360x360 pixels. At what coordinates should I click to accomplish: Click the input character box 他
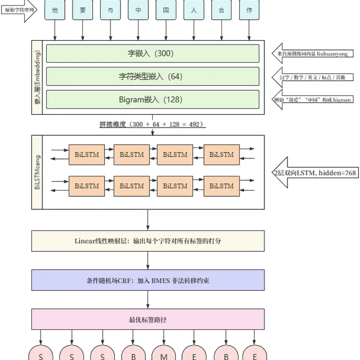54,10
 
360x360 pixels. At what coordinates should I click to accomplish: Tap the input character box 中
139,10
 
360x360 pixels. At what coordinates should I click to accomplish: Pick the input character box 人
195,10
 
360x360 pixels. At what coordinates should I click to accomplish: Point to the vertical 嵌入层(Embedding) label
38,77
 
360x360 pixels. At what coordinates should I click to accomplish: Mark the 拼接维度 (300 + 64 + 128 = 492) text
152,125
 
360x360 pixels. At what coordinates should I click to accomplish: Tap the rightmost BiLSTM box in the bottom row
221,186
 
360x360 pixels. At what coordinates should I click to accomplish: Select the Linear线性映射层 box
148,241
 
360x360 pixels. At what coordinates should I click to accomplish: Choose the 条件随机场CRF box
148,280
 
